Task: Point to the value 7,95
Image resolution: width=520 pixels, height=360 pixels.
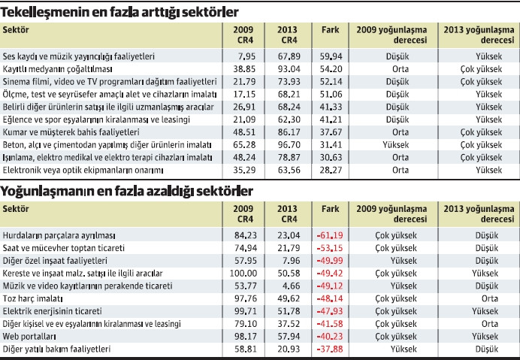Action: click(x=246, y=56)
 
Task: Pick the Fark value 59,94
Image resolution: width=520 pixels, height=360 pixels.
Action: click(x=331, y=56)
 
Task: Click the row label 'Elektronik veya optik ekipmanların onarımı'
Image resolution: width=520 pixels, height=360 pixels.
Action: click(x=80, y=170)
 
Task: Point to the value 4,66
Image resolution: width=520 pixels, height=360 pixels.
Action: click(x=290, y=285)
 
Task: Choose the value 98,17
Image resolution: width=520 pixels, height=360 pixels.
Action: click(x=244, y=337)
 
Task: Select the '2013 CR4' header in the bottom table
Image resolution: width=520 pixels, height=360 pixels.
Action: click(x=287, y=213)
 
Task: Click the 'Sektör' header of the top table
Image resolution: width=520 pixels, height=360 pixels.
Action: click(x=16, y=29)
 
